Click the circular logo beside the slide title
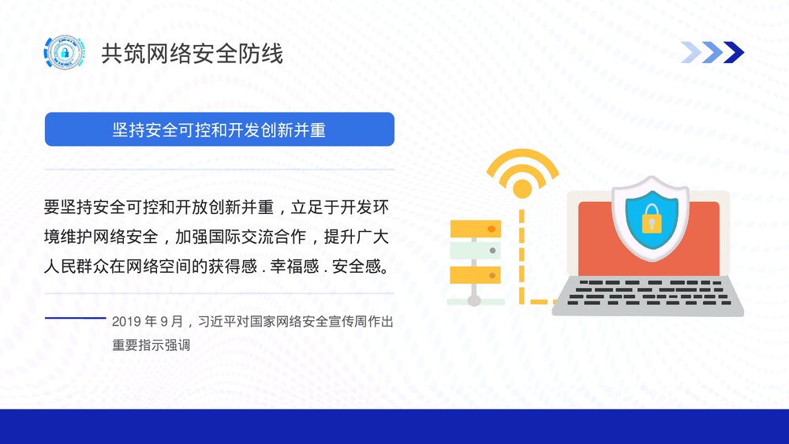pos(63,53)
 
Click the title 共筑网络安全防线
pos(192,54)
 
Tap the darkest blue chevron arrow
pos(733,52)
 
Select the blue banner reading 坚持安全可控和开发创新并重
pos(219,129)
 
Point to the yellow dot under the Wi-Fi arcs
pos(522,188)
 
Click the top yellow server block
pos(475,229)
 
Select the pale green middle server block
pos(475,252)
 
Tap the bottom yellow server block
pos(475,274)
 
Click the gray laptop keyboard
pos(647,293)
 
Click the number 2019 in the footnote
pos(125,322)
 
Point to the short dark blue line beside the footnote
pos(75,318)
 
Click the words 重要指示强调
pos(151,345)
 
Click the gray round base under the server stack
pos(474,300)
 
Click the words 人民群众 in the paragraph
pos(81,267)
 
